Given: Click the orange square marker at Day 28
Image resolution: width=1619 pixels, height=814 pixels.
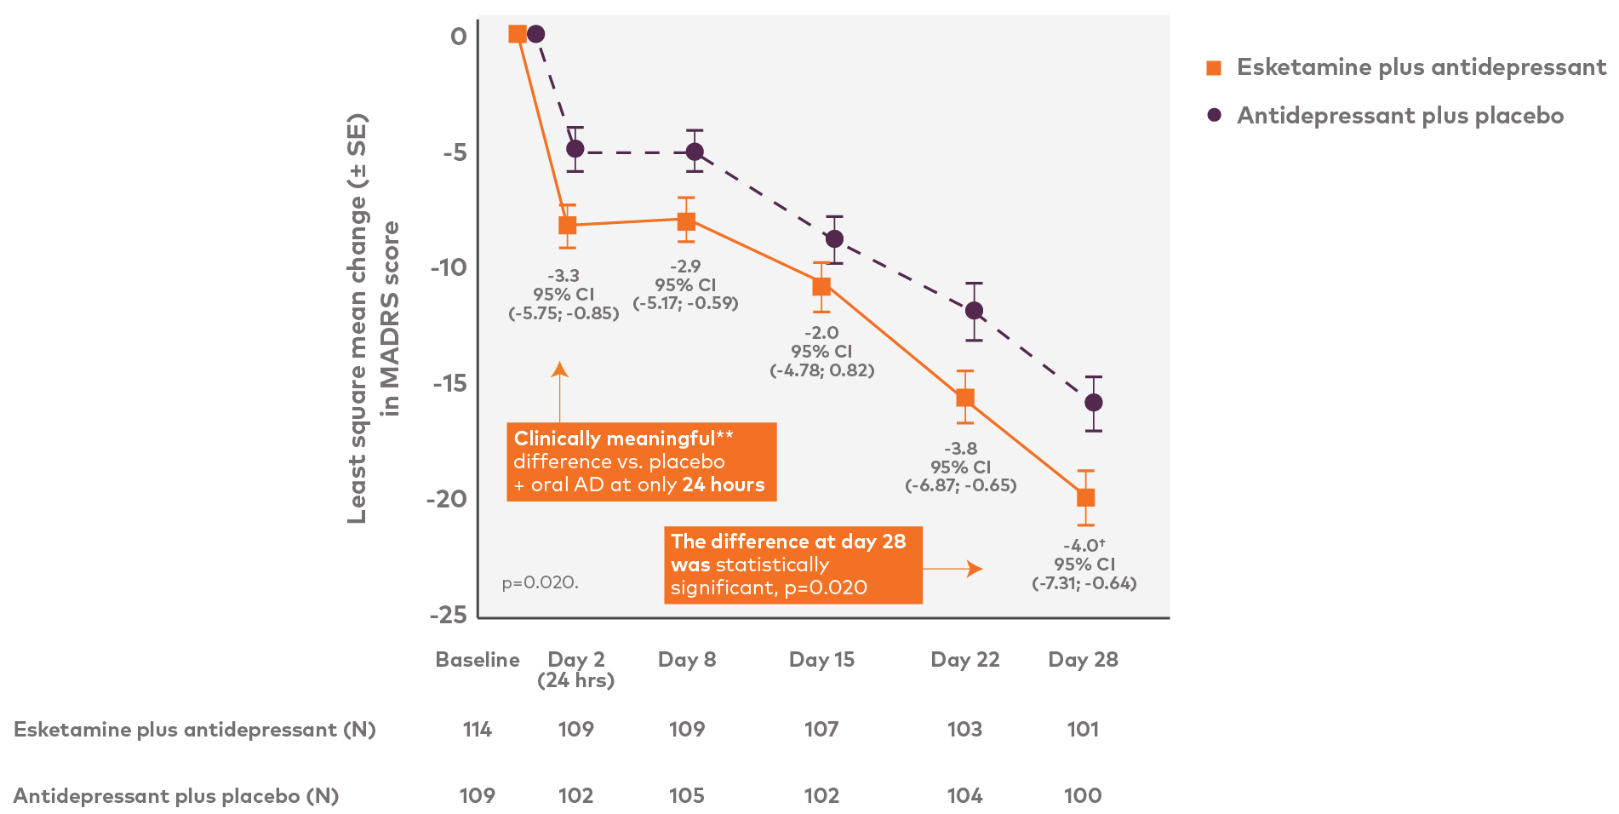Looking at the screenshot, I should click(1085, 497).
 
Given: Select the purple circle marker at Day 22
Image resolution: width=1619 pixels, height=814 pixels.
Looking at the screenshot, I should click(975, 311).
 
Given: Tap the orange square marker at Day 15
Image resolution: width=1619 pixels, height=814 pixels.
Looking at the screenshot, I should click(821, 287).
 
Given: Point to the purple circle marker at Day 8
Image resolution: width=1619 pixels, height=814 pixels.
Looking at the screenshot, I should click(695, 152).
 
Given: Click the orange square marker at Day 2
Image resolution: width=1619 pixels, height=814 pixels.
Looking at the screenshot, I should click(568, 225).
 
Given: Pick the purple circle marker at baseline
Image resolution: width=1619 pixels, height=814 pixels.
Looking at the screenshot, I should click(535, 34).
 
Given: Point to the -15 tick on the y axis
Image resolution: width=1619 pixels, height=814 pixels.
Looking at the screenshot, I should click(449, 383).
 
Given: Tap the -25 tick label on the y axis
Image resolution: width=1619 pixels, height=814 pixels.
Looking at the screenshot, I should click(449, 615).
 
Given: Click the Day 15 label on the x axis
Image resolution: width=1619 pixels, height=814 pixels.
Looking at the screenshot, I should click(821, 660).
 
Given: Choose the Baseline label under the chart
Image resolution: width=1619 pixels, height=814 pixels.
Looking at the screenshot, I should click(478, 660).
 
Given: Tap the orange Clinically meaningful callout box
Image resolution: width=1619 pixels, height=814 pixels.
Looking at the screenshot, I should click(641, 461).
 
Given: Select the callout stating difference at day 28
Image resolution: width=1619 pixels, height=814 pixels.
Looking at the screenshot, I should click(792, 565).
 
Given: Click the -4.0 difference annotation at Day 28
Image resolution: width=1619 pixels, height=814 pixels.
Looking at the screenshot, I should click(1084, 546).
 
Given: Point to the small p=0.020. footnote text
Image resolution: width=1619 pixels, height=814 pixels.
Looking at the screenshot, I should click(540, 583).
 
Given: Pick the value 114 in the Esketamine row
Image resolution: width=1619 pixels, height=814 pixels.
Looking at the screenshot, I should click(477, 730).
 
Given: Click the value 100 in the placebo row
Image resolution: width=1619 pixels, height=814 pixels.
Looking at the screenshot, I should click(1083, 796).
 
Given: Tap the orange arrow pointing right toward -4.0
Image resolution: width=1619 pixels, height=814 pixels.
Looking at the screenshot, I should click(953, 569).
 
